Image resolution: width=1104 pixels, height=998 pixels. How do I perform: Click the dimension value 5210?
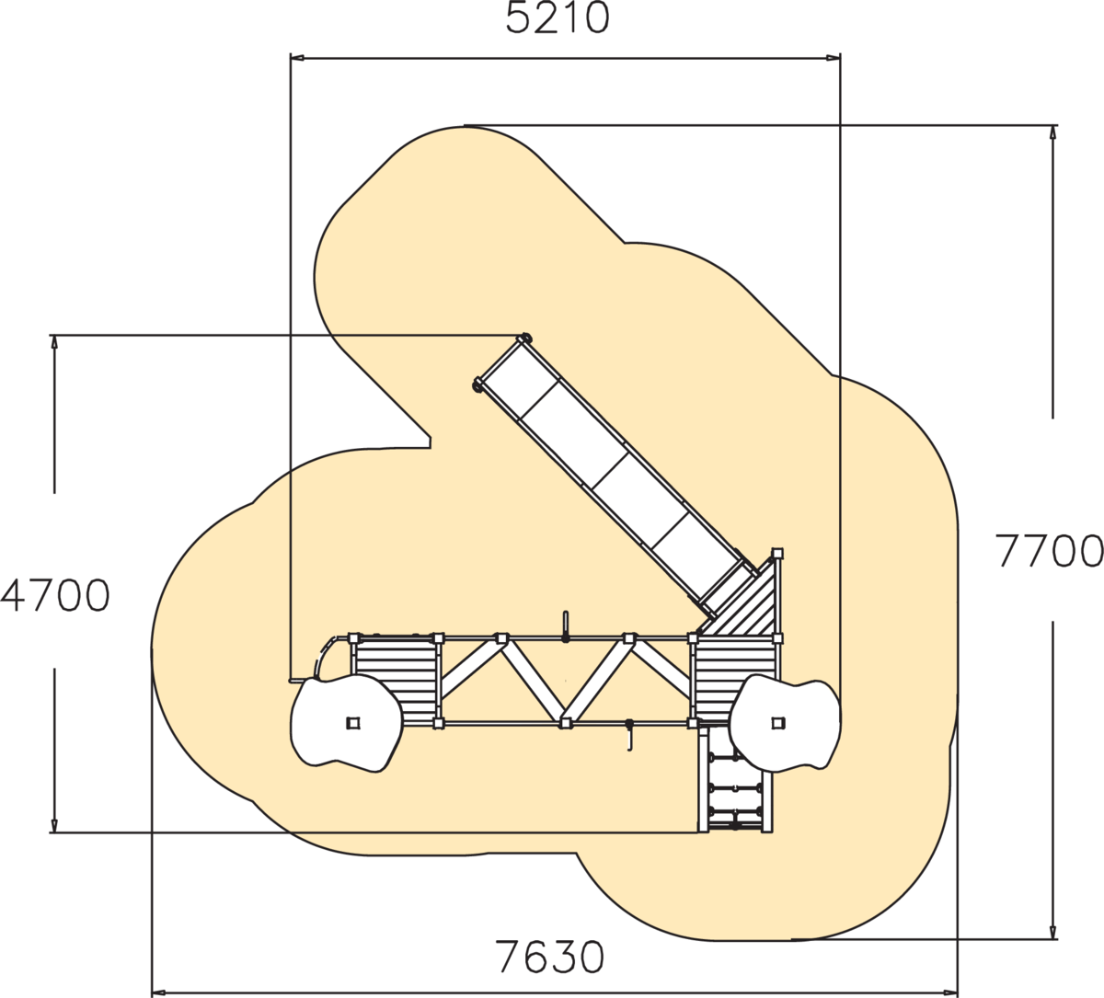(558, 18)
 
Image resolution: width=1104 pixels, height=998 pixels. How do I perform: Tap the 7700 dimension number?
(1049, 551)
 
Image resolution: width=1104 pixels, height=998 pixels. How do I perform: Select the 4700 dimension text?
(55, 596)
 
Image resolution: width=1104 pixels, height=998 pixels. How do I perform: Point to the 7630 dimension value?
(549, 958)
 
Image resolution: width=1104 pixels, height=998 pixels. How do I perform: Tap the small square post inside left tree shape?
(353, 723)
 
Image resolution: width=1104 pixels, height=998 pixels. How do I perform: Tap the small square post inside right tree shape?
(777, 723)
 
